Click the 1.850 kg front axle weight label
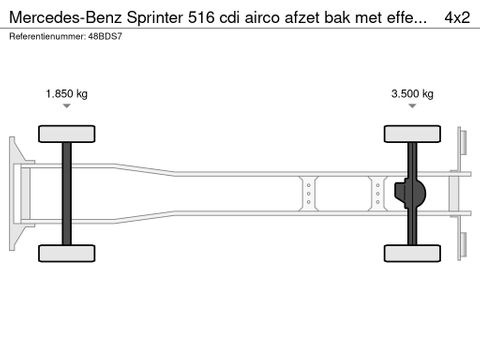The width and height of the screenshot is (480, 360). click(67, 94)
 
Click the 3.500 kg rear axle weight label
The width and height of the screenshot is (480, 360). click(411, 94)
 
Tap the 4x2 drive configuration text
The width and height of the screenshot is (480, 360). click(457, 17)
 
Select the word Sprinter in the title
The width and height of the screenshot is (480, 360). click(148, 17)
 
